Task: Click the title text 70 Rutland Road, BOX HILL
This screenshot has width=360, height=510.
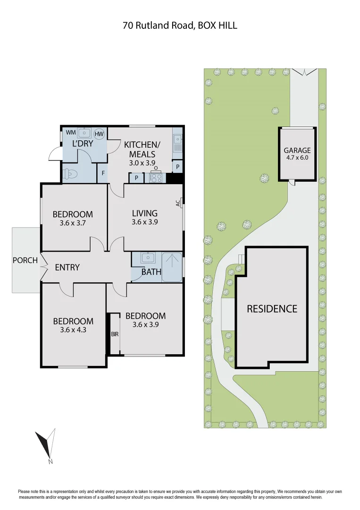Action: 180,25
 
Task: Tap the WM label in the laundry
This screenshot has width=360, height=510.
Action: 70,133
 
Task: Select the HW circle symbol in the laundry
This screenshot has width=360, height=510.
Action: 99,134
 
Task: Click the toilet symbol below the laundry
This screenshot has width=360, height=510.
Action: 70,174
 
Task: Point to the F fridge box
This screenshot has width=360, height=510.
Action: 102,173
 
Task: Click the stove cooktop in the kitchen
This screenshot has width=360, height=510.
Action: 156,178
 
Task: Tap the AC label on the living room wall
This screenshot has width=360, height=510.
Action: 178,203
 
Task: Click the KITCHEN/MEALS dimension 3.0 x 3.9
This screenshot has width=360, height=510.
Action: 142,162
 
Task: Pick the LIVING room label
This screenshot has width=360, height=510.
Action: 144,213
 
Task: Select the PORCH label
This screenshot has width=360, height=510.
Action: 25,260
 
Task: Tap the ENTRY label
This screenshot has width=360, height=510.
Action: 67,267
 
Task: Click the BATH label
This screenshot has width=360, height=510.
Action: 151,272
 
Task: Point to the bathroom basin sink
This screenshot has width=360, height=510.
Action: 147,258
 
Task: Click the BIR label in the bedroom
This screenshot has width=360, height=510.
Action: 115,334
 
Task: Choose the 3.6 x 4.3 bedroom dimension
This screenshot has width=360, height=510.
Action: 73,330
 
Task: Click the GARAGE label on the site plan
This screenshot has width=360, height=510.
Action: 297,151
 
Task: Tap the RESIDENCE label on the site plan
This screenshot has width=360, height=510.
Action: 272,309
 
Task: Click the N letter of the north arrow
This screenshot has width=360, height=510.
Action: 50,461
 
